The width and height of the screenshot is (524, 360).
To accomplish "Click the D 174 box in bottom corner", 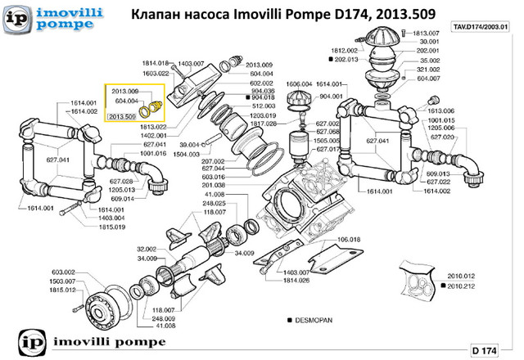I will point(484,350).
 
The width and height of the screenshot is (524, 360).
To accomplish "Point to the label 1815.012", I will point(63,290).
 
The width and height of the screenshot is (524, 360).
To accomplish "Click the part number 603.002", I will point(63,272).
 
